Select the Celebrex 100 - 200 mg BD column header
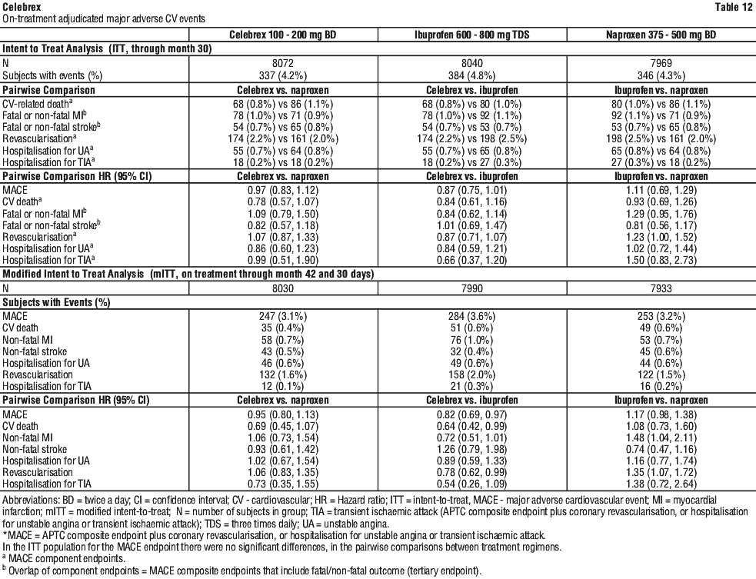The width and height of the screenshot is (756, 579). [x=289, y=35]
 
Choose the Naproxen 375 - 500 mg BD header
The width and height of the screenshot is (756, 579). [x=661, y=35]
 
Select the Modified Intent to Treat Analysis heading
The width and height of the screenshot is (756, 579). [x=72, y=275]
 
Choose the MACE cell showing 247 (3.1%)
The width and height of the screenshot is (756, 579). [x=289, y=316]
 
